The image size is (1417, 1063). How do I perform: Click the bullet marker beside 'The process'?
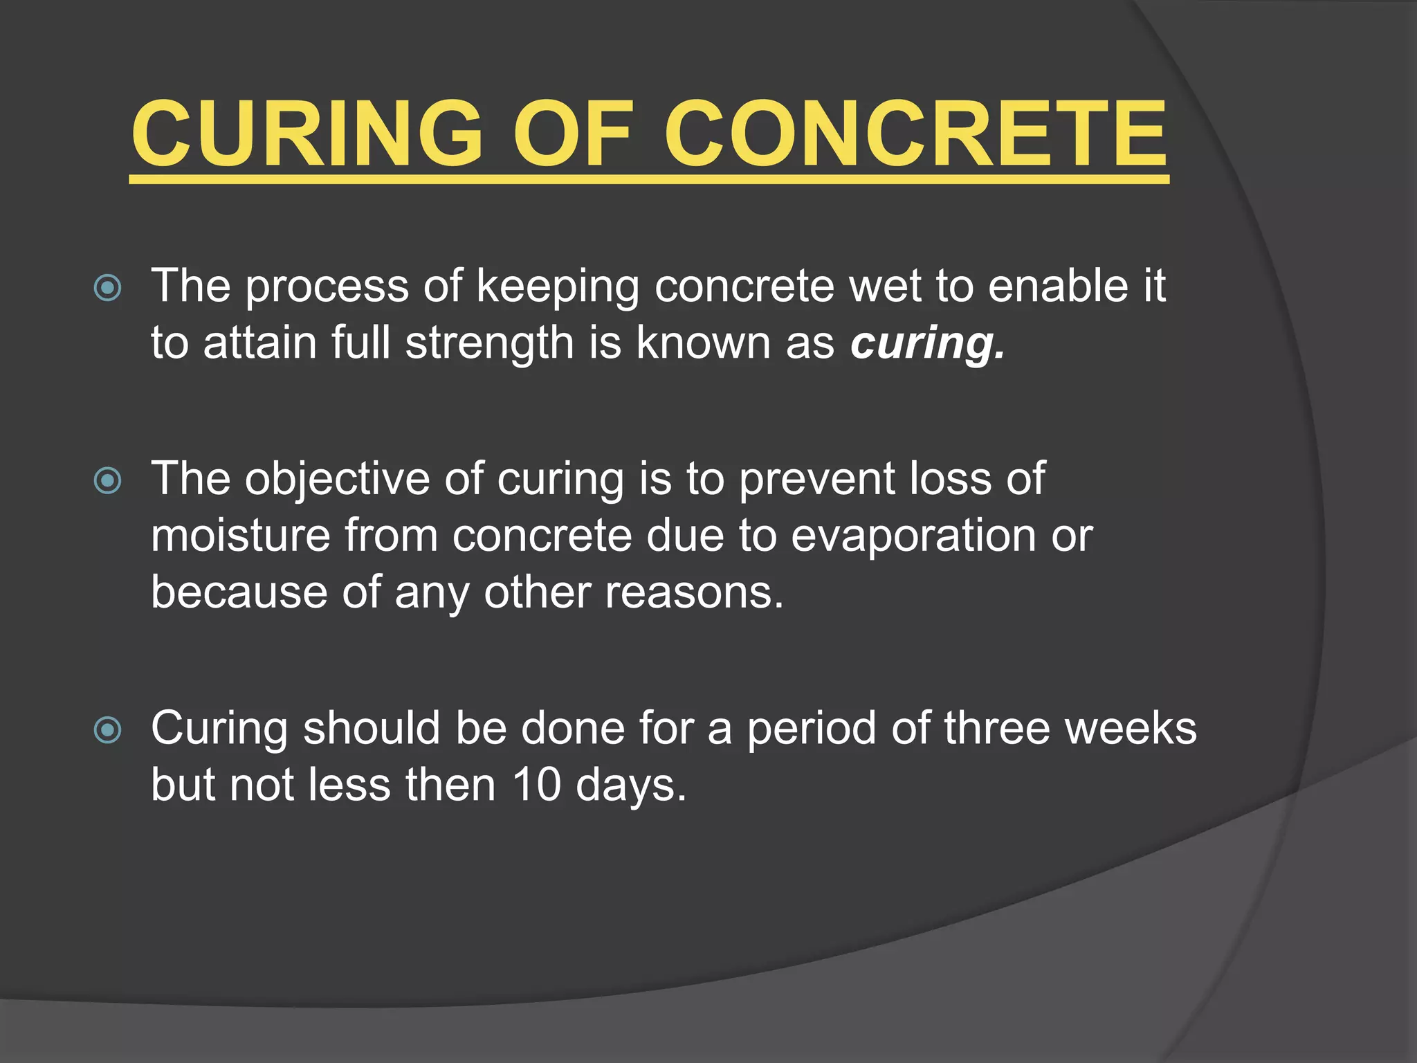pos(108,288)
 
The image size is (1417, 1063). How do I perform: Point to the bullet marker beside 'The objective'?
pos(108,480)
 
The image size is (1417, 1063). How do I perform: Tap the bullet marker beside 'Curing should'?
pos(108,730)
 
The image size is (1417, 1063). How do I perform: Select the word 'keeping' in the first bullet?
pos(558,288)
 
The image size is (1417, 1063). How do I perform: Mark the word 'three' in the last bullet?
pos(997,729)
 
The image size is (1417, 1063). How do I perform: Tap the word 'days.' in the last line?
pos(631,787)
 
